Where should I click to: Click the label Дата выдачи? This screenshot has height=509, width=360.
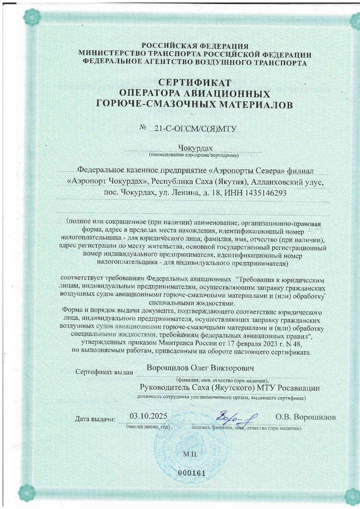[95, 419]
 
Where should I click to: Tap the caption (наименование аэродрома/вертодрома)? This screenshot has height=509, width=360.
[194, 155]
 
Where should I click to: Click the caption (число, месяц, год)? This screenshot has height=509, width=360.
[148, 426]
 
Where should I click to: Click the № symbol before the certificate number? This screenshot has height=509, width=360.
[142, 128]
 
